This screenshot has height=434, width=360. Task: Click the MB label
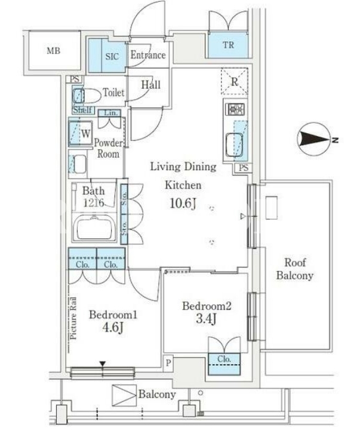click(53, 51)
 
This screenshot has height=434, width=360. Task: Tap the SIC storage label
click(112, 57)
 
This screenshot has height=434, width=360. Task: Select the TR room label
click(228, 45)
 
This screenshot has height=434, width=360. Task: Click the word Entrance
click(148, 55)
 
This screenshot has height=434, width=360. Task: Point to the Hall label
click(151, 85)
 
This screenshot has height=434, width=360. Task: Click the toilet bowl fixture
click(87, 96)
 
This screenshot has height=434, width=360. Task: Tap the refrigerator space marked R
click(235, 82)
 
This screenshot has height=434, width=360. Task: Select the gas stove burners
click(235, 109)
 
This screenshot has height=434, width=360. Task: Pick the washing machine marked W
click(80, 133)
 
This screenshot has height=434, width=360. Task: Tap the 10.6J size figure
click(183, 204)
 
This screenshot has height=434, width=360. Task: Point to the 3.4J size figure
click(206, 319)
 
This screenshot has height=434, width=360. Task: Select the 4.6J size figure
click(113, 327)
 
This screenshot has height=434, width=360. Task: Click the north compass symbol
click(315, 139)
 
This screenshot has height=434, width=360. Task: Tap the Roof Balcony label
click(295, 269)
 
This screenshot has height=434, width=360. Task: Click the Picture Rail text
click(73, 318)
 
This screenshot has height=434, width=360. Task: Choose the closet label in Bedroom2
click(224, 359)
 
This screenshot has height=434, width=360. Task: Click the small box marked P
click(168, 362)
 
